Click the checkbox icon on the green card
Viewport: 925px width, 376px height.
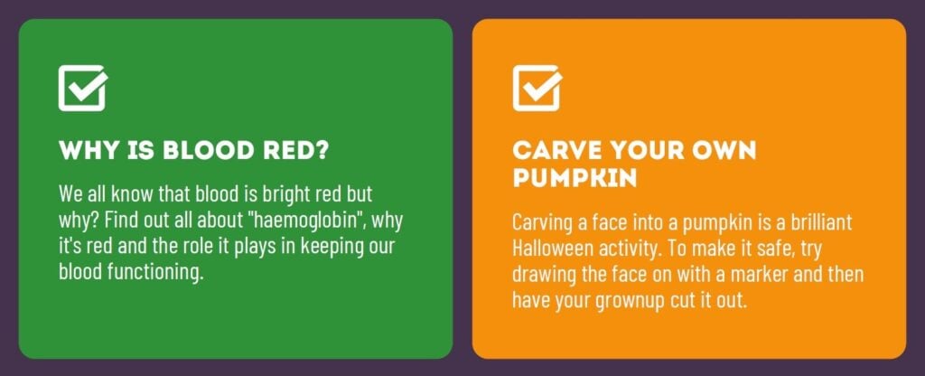82,88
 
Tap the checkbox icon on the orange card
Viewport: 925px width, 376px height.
537,88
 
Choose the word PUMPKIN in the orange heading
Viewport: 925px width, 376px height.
575,178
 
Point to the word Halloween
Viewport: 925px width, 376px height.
553,249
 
